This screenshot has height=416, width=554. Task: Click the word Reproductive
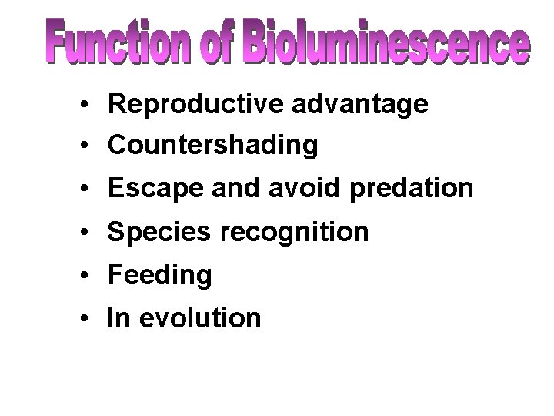195,106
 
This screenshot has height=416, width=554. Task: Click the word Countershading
213,144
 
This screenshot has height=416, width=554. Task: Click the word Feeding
160,274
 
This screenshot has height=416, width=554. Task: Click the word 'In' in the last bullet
119,317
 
